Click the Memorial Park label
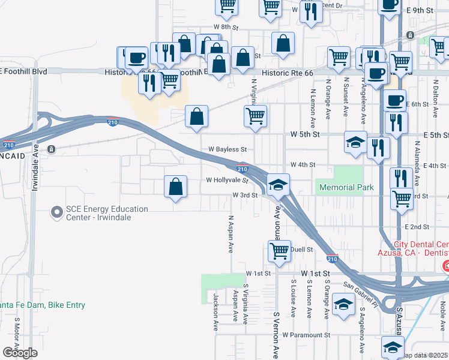tap(346, 187)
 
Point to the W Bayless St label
tap(228, 149)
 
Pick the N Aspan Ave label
tap(231, 233)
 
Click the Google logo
tap(20, 353)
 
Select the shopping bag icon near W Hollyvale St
tap(175, 187)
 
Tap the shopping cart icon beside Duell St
tap(279, 251)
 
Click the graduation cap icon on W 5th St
tap(355, 143)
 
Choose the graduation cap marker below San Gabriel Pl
tap(343, 305)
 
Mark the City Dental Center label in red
tap(421, 249)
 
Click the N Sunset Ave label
tap(346, 97)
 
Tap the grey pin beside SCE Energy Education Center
tap(57, 212)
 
